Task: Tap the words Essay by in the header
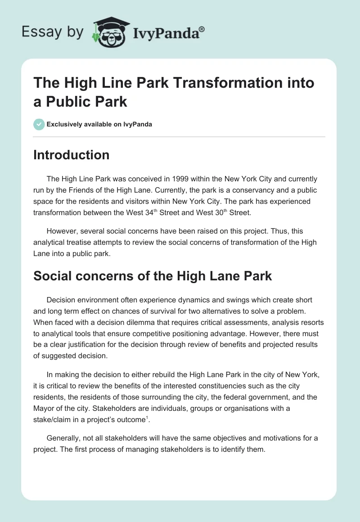pos(53,32)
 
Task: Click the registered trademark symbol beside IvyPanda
pos(202,29)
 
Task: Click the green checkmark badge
pos(39,124)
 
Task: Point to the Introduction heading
pos(72,155)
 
